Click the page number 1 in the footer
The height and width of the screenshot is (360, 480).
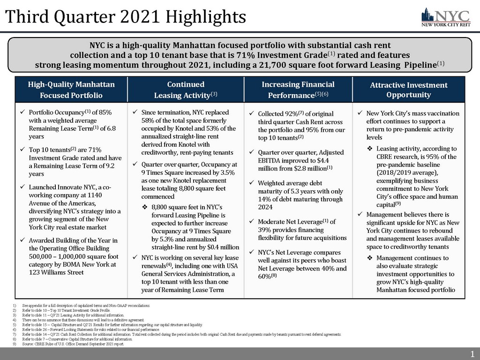pyautogui.click(x=472, y=354)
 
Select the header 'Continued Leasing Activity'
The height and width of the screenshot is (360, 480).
pyautogui.click(x=186, y=90)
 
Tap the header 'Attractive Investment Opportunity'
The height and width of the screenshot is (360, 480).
pyautogui.click(x=408, y=90)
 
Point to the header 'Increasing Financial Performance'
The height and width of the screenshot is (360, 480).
pyautogui.click(x=298, y=90)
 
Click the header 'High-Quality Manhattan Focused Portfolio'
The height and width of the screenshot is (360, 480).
pyautogui.click(x=71, y=90)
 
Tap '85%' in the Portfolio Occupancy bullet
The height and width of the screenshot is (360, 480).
pyautogui.click(x=105, y=113)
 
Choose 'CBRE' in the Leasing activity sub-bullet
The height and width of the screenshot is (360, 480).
pyautogui.click(x=385, y=157)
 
